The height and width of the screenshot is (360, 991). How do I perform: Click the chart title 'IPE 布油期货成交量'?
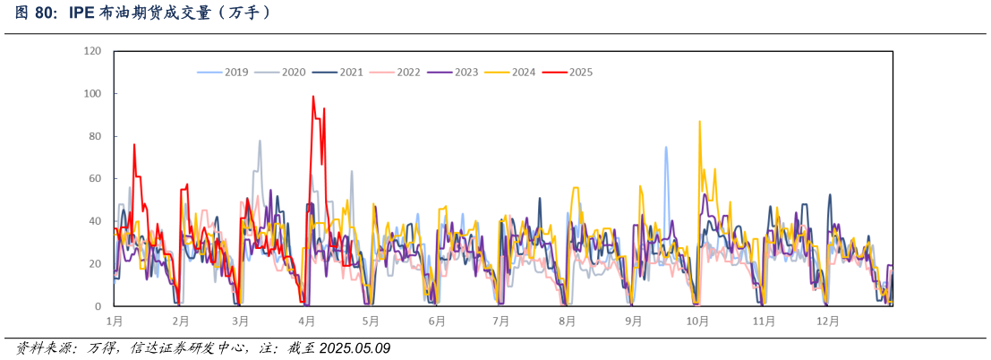(143, 13)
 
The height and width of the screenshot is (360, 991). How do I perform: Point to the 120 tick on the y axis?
(92, 51)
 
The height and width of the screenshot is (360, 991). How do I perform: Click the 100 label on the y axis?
(92, 94)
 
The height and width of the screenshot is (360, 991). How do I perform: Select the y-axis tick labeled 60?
(95, 179)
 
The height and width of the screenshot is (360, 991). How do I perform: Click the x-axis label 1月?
(115, 321)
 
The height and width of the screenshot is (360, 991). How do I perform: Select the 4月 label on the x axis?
(307, 321)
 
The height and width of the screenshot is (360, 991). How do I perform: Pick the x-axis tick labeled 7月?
(500, 321)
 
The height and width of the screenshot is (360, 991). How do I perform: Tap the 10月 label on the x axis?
(697, 321)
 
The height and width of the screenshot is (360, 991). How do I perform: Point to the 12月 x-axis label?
(828, 321)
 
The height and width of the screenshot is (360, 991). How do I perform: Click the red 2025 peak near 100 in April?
(313, 97)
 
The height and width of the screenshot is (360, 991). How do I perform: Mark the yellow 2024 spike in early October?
(699, 122)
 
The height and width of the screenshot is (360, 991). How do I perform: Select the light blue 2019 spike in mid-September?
(666, 148)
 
